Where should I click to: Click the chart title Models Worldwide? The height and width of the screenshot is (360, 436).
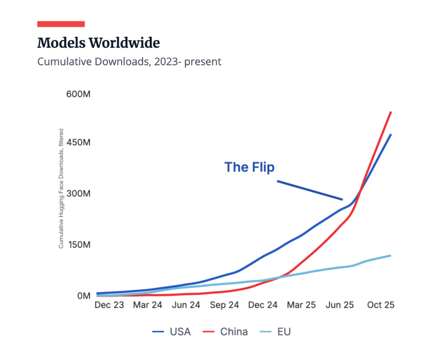[98, 43]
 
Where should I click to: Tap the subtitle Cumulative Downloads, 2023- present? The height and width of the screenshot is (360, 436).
[129, 62]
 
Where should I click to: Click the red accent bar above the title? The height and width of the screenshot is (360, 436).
[61, 24]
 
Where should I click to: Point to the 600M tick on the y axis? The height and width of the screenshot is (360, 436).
[78, 94]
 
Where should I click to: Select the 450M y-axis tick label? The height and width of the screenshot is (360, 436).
[78, 143]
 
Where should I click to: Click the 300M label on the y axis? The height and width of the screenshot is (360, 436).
[78, 193]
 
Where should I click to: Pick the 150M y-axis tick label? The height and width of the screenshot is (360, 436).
[78, 245]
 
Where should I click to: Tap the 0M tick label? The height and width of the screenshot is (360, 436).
[82, 296]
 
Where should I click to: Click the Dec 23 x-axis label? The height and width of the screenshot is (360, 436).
[109, 305]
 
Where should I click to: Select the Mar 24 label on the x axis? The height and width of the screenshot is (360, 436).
[148, 305]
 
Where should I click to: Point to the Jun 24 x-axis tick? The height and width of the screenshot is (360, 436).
[186, 305]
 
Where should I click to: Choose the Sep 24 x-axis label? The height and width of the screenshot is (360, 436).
[224, 305]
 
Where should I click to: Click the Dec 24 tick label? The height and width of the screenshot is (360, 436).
[262, 305]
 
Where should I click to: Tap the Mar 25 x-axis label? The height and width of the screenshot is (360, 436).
[301, 305]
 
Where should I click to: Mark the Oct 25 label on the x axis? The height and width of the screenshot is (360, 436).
[380, 305]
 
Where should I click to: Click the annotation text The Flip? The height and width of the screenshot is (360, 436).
[249, 167]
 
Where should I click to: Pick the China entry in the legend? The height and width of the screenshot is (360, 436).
[227, 331]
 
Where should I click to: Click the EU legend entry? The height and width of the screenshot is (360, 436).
[276, 331]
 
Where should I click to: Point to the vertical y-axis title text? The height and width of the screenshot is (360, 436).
[61, 188]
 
